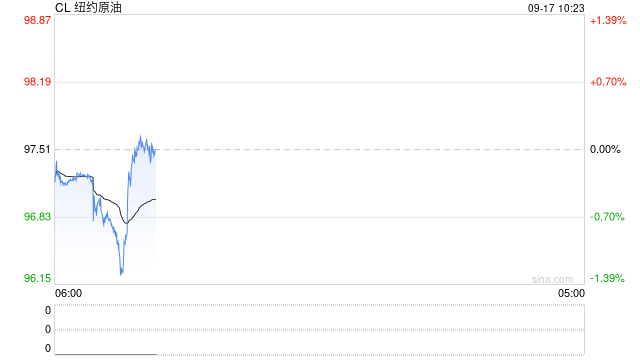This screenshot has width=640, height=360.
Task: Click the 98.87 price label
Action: click(38, 20)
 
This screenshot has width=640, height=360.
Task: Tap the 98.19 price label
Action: click(38, 82)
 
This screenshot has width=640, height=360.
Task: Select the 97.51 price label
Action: click(38, 149)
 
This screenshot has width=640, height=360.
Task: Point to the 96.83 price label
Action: click(38, 216)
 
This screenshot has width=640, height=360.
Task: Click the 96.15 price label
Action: click(38, 278)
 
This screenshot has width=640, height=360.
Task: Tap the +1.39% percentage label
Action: click(608, 20)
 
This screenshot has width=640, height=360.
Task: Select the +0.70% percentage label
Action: click(608, 82)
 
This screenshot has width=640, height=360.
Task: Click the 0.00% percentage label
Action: click(605, 149)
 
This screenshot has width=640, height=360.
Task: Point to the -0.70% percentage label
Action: click(607, 217)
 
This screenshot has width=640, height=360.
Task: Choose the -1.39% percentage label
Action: click(607, 278)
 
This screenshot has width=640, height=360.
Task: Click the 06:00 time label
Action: click(69, 293)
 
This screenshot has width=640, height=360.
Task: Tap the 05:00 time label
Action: click(571, 293)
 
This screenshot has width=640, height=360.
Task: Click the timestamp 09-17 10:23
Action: click(556, 8)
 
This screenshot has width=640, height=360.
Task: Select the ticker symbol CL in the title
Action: click(62, 8)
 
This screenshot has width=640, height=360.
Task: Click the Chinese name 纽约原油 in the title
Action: click(98, 8)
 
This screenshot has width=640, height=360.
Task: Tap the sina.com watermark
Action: click(553, 279)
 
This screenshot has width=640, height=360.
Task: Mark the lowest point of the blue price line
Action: click(121, 274)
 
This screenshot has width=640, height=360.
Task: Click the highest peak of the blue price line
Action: click(140, 135)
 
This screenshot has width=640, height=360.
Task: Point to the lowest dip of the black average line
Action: click(127, 223)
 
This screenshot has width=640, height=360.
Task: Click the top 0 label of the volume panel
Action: click(48, 310)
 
